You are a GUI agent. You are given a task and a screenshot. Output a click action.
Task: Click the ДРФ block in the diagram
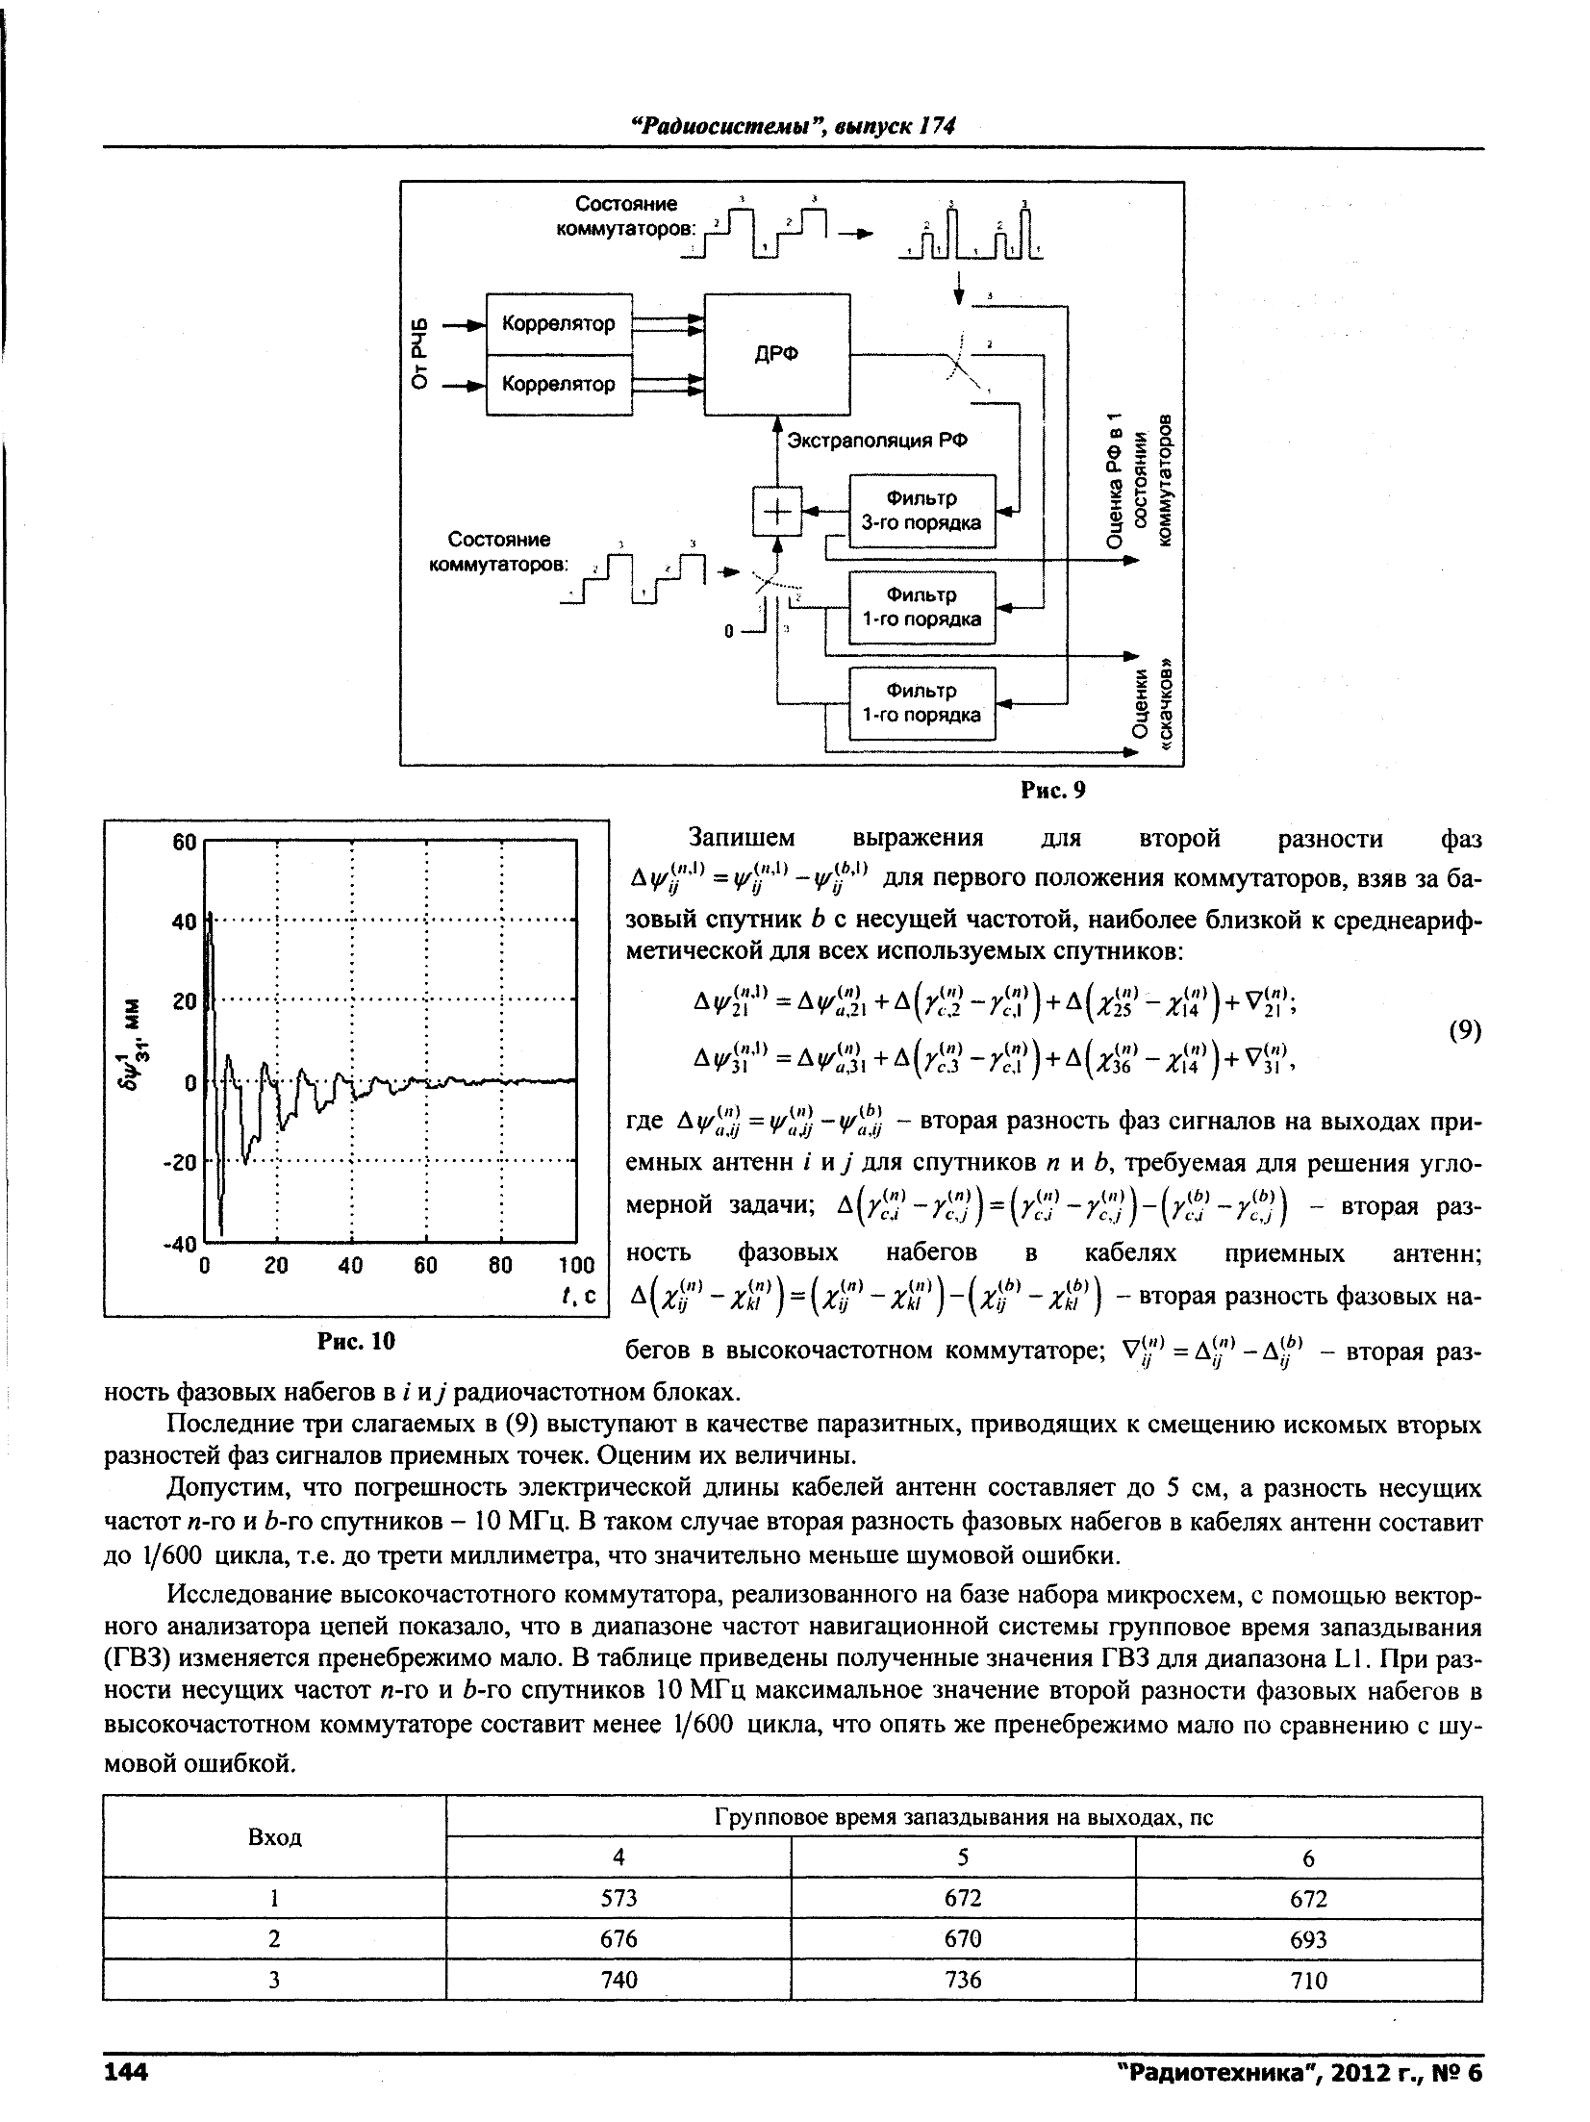(777, 354)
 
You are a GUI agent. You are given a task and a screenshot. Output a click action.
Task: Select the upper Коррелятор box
(559, 323)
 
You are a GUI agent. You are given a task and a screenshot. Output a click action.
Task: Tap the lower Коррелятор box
(559, 385)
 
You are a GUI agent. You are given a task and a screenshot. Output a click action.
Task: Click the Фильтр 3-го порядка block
(921, 511)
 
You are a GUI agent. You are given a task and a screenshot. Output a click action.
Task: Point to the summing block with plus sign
(776, 510)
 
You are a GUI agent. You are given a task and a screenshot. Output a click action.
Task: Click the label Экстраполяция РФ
(876, 441)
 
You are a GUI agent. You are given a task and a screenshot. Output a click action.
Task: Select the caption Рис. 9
(1052, 790)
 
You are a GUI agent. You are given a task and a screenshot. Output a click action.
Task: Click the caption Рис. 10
(356, 1341)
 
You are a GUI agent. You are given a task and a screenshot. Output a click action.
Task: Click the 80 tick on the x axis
(502, 1266)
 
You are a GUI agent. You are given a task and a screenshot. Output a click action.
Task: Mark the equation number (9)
(1464, 1031)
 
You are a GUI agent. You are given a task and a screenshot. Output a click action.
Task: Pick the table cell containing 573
(618, 1898)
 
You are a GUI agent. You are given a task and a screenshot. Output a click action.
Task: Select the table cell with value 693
(1307, 1940)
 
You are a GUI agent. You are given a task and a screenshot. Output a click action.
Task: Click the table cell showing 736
(962, 1980)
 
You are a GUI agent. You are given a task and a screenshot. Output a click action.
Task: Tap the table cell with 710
(1307, 1981)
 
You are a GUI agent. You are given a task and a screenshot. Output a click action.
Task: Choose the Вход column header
(275, 1836)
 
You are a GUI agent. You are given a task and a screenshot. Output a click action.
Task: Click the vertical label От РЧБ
(416, 355)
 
